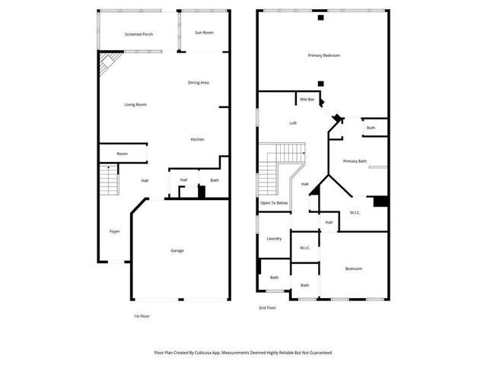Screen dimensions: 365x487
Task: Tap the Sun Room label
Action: pos(203,33)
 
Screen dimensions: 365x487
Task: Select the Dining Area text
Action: pos(199,82)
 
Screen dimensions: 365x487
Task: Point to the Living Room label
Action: pos(135,104)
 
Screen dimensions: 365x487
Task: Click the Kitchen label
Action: pos(197,139)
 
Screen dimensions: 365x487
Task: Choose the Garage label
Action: pos(177,250)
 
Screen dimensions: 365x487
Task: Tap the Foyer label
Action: pos(114,231)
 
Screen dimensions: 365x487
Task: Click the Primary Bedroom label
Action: pos(323,56)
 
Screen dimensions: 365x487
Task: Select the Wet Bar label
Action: pos(307,100)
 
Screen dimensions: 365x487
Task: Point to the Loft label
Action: pos(292,123)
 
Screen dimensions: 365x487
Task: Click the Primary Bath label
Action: pos(355,160)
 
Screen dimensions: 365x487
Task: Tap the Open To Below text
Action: pos(274,203)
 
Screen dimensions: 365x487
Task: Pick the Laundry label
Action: pos(274,239)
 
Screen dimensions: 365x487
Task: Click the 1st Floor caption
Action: pos(142,315)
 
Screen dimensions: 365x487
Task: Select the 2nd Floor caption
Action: pos(266,307)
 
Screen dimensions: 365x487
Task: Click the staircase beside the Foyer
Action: pos(109,183)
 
